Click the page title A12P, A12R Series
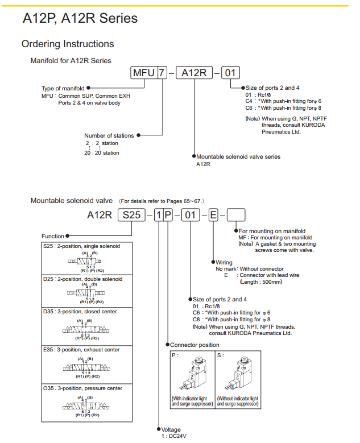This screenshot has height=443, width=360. pos(80,18)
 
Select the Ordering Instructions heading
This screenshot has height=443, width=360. pos(68,44)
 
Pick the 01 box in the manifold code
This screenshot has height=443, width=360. pos(229,73)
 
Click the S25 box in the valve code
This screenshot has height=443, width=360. pos(131,215)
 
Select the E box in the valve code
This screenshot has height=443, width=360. pos(213,215)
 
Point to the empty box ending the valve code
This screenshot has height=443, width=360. pos(236,215)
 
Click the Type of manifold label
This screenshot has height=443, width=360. pos(63,88)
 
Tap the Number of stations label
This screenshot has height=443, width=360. pos(109,135)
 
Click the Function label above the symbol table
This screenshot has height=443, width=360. pos(53,236)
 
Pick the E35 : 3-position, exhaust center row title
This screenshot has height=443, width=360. pos(81,350)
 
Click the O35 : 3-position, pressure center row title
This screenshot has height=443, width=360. pos(82,388)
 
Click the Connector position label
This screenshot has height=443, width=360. pos(195,345)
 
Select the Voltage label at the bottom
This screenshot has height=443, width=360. pos(171,429)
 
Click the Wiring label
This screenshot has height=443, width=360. pos(224,262)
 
